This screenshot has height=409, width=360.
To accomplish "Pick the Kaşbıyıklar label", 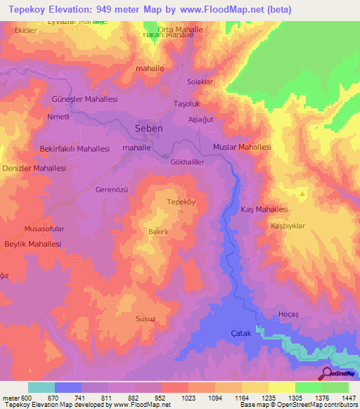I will [x=288, y=226].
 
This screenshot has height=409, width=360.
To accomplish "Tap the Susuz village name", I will [x=146, y=318].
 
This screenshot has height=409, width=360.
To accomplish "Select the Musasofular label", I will [x=44, y=229].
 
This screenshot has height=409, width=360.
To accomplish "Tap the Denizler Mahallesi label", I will [x=33, y=169].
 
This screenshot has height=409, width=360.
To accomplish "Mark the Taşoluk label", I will [x=188, y=104].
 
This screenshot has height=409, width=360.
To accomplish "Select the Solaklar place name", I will [x=199, y=82].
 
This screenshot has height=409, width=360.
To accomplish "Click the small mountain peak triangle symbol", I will [x=302, y=193].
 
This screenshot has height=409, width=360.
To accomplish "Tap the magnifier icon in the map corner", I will [x=327, y=375].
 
